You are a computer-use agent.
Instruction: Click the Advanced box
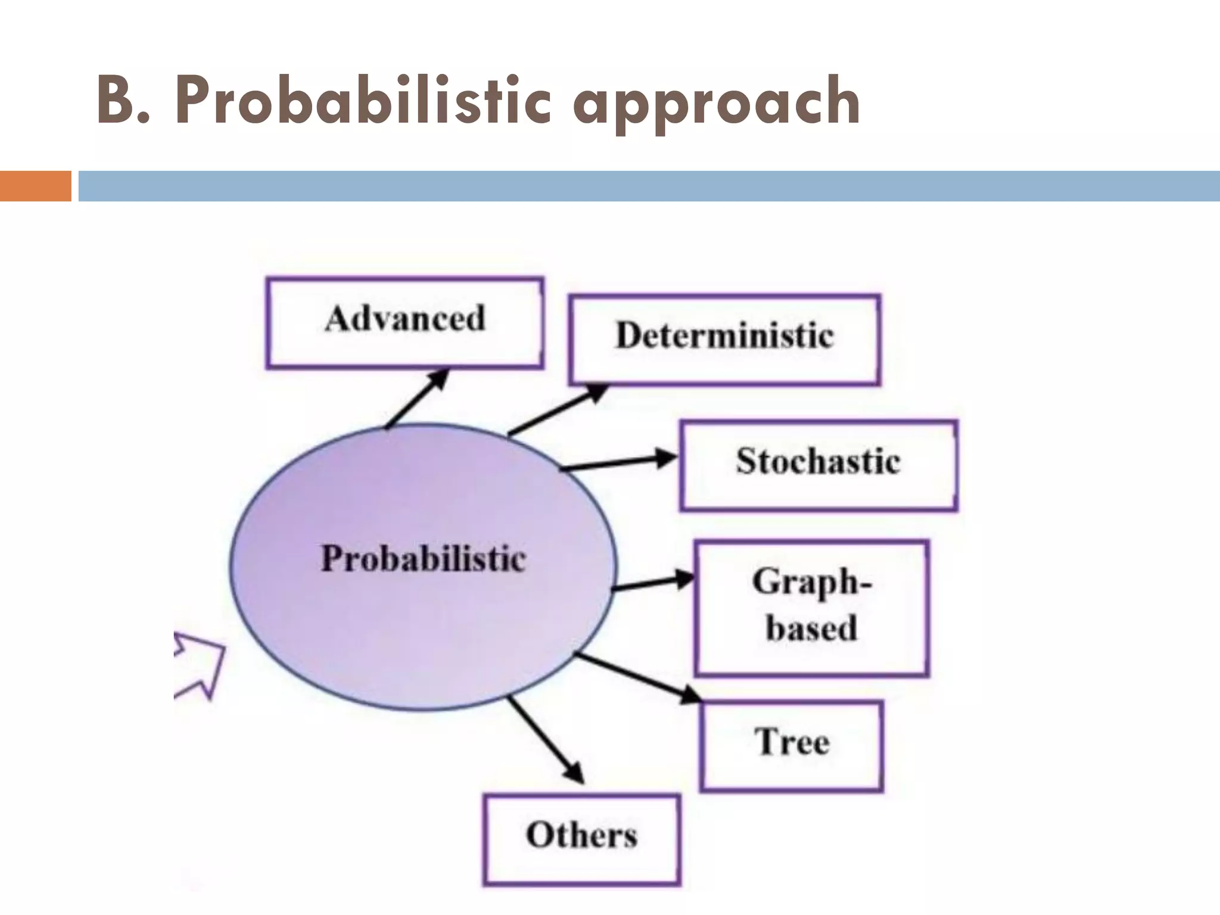[404, 323]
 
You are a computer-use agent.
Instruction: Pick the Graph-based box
[811, 608]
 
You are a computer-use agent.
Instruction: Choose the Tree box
[791, 746]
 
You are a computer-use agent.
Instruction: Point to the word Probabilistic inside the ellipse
[424, 559]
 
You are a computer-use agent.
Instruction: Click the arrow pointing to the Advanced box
[417, 398]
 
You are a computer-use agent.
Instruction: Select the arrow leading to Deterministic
[558, 409]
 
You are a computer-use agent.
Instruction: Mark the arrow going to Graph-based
[653, 583]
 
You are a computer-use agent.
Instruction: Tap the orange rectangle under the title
[35, 186]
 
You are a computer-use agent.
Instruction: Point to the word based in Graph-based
[811, 629]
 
